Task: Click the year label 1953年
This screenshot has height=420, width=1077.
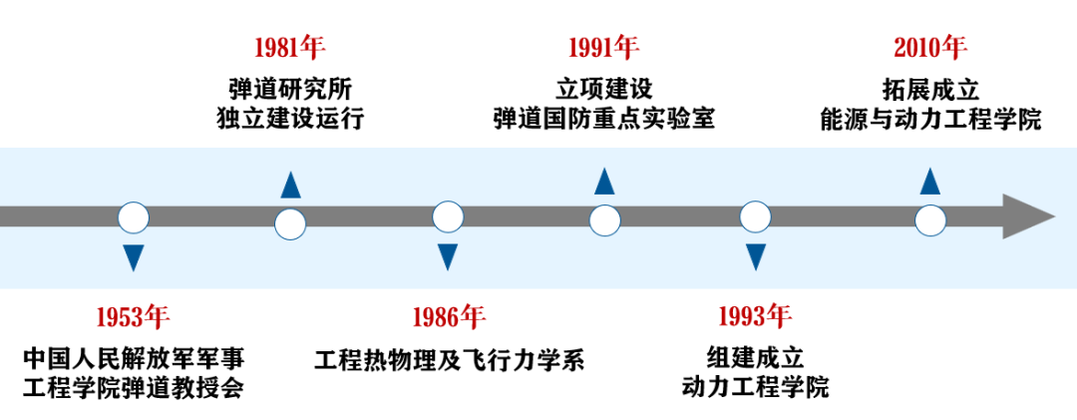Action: coord(133,317)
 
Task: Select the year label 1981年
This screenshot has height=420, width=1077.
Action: coord(289,46)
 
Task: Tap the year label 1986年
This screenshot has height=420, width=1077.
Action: coord(448,317)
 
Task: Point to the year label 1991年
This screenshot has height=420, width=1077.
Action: coord(603,46)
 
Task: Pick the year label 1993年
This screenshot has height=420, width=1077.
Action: coord(755,317)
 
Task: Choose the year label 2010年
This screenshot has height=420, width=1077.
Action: coord(930,46)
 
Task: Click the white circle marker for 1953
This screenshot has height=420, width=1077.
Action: coord(133,217)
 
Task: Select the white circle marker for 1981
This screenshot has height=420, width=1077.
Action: coord(289,223)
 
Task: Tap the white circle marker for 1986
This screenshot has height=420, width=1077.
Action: coord(448,216)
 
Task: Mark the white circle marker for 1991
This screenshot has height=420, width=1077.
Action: coord(603,221)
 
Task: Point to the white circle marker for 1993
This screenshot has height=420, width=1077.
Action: coord(755,216)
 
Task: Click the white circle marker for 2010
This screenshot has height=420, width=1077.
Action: coord(930,221)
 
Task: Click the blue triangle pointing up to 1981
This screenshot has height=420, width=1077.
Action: coord(289,185)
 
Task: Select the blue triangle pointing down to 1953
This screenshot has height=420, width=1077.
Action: coord(133,256)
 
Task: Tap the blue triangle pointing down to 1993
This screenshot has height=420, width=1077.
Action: coord(755,256)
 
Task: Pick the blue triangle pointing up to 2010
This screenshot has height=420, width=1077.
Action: coord(930,182)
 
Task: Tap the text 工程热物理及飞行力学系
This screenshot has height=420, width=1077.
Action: coord(449,359)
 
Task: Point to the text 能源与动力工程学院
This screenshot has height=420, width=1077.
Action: coord(930,120)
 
